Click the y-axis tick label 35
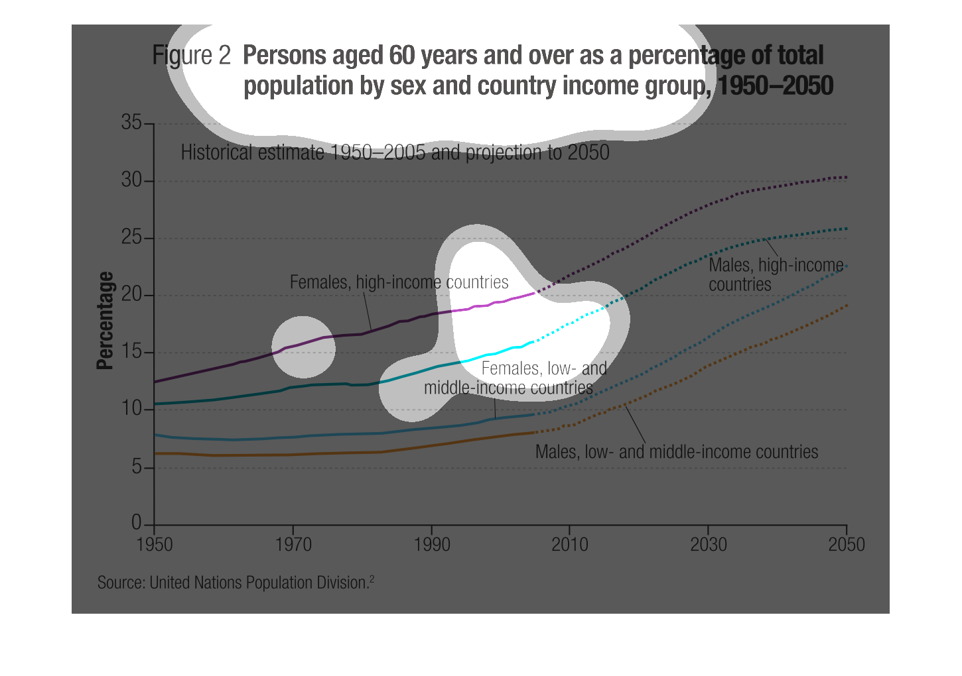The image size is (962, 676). tap(131, 123)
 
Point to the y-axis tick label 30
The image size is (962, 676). tap(131, 180)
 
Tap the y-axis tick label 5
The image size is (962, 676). tap(135, 467)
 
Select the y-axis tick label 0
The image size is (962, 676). tap(136, 523)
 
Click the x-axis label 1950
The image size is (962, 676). tap(154, 545)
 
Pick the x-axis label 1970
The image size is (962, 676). tap(293, 545)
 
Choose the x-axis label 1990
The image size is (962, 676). tap(431, 545)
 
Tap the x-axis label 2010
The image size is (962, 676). tap(569, 545)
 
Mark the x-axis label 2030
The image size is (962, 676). tap(708, 545)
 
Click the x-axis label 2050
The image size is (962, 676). tap(846, 545)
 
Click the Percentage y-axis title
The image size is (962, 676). tap(105, 320)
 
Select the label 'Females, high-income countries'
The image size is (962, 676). tap(399, 282)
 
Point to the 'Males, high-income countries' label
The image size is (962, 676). tap(775, 274)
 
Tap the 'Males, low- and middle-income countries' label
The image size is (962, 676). tap(677, 452)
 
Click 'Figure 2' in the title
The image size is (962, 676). tap(191, 56)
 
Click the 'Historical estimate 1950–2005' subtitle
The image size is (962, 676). tap(395, 152)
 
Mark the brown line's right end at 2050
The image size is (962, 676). tap(846, 306)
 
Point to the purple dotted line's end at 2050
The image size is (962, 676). tap(846, 177)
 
